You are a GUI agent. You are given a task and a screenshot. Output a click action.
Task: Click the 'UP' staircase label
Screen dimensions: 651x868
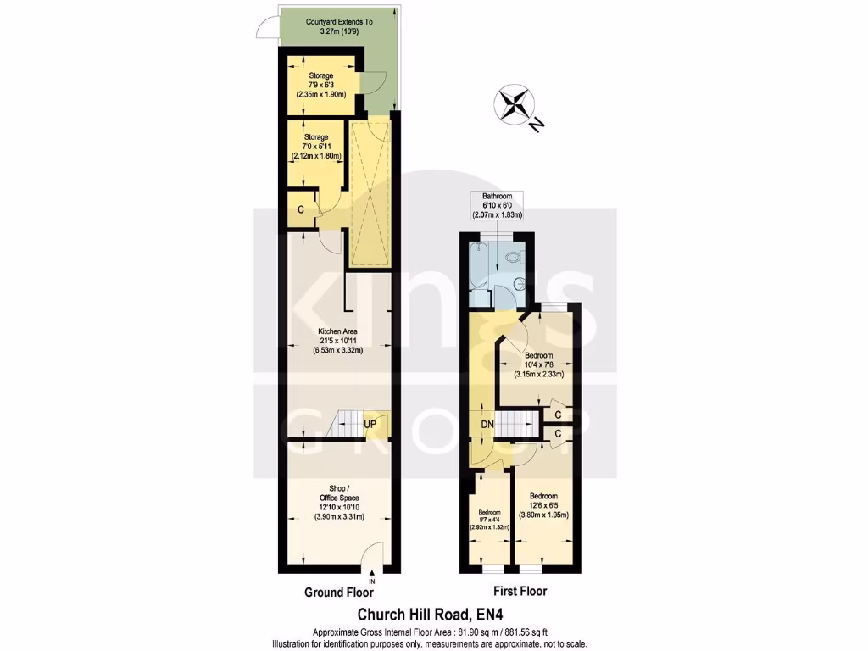pyautogui.click(x=370, y=424)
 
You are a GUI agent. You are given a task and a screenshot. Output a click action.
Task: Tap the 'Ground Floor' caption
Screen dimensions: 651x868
pyautogui.click(x=337, y=593)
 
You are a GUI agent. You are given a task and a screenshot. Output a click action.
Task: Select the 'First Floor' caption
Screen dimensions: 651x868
pyautogui.click(x=520, y=592)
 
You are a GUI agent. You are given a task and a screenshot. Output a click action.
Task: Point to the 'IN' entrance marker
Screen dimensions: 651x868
pyautogui.click(x=371, y=581)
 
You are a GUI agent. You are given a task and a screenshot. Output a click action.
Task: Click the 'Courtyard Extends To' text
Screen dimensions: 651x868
pyautogui.click(x=338, y=22)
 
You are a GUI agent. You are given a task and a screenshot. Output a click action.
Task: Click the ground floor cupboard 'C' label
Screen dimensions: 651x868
pyautogui.click(x=300, y=209)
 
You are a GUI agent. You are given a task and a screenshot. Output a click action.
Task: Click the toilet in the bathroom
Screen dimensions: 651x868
pyautogui.click(x=513, y=256)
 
